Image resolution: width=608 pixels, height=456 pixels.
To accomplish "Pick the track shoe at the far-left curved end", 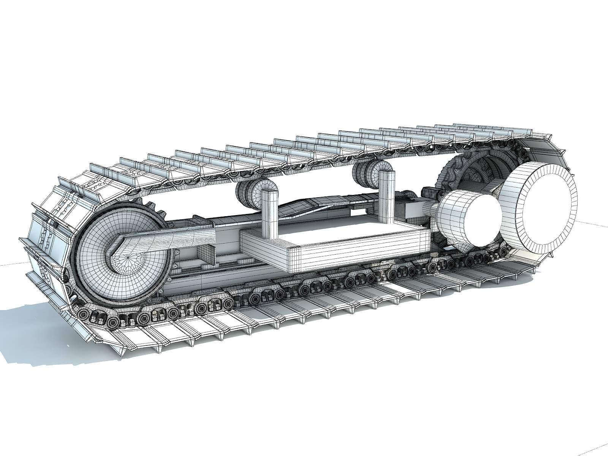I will (x=38, y=243).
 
